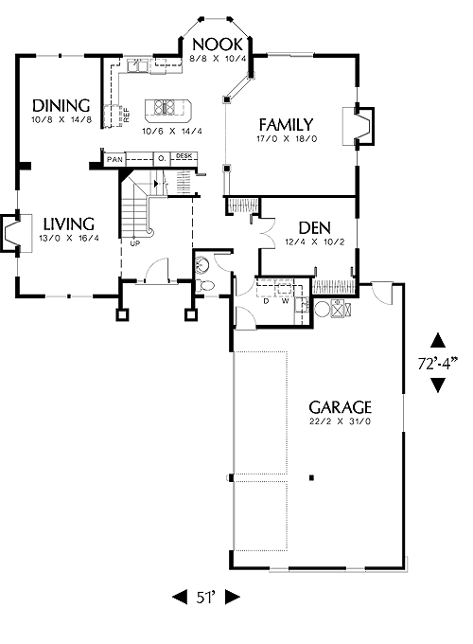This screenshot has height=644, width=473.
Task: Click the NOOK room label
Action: click(x=218, y=44)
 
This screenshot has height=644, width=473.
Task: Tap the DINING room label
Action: click(x=61, y=105)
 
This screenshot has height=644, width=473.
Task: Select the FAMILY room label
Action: click(x=287, y=124)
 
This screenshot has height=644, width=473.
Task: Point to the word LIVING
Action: click(x=69, y=224)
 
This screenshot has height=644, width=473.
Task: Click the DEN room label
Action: click(x=315, y=228)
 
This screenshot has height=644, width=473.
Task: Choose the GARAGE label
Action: click(x=340, y=407)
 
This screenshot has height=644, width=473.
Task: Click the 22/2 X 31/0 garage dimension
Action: click(x=340, y=421)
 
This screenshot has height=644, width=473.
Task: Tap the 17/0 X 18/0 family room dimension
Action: click(x=287, y=139)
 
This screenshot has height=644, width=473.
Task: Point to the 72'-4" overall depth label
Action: click(x=438, y=364)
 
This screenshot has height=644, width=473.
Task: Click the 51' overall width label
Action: click(x=206, y=598)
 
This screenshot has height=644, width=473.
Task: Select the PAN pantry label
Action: click(x=114, y=159)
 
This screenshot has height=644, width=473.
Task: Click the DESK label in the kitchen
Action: click(x=184, y=156)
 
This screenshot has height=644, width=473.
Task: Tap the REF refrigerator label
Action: click(x=127, y=115)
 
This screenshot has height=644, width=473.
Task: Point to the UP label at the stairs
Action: click(x=135, y=243)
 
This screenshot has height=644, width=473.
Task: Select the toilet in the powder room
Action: click(x=205, y=285)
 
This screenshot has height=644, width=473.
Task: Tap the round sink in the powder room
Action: click(x=201, y=264)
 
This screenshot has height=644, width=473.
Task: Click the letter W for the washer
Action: click(x=286, y=301)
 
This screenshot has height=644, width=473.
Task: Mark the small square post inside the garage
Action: click(x=312, y=477)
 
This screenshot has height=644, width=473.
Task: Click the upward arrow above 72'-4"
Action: click(x=438, y=341)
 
